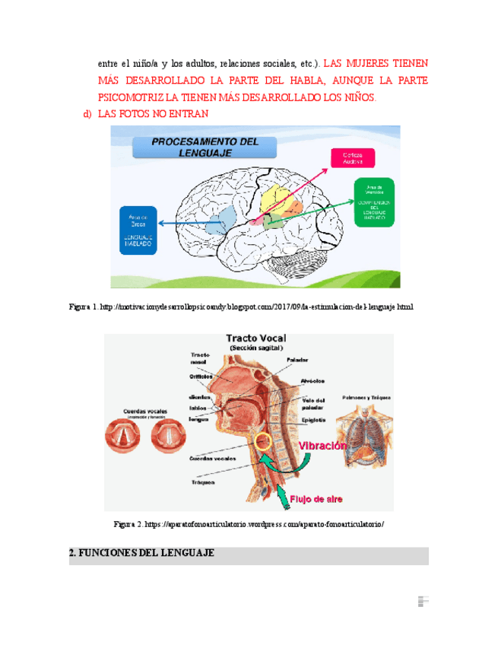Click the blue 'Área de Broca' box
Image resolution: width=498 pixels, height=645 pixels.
click(x=138, y=230)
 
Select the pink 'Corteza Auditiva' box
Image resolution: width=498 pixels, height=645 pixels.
click(x=351, y=157)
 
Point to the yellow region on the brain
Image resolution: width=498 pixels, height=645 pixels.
click(x=272, y=202)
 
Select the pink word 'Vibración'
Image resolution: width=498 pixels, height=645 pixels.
click(x=322, y=446)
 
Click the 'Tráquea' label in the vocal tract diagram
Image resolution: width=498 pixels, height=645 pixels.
click(x=202, y=482)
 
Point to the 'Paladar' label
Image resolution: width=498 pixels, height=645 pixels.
click(x=297, y=360)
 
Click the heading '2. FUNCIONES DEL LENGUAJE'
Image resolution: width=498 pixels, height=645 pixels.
click(x=141, y=554)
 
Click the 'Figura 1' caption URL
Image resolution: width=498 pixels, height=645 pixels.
click(x=241, y=307)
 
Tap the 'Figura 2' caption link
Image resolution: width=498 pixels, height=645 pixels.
click(x=249, y=524)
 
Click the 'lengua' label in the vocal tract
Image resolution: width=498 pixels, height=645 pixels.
click(x=198, y=419)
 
